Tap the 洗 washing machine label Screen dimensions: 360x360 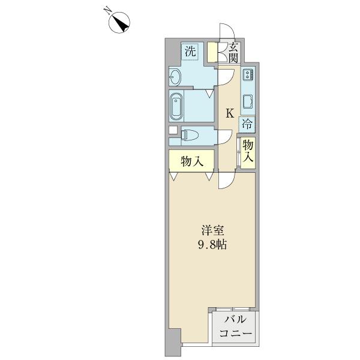click(x=190, y=52)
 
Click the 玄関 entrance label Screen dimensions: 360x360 click(x=234, y=53)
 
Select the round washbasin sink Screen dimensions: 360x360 click(x=175, y=77)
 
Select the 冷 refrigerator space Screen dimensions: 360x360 click(x=247, y=125)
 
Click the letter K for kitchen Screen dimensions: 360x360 click(x=229, y=112)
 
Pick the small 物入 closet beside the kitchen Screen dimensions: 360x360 click(x=248, y=152)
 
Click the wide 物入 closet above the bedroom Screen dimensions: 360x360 click(x=190, y=161)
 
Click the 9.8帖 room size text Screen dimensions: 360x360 click(x=212, y=245)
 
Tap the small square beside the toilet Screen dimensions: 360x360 click(x=173, y=130)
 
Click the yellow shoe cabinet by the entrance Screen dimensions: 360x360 click(x=212, y=52)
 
